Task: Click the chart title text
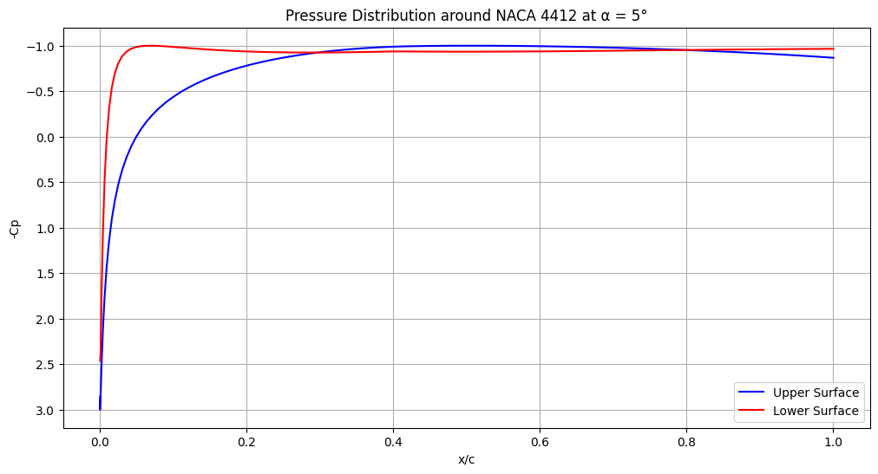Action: pos(466,16)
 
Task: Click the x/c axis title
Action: pos(466,459)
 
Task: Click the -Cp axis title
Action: pos(14,228)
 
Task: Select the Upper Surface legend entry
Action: pos(816,393)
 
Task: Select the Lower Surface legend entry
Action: pos(816,411)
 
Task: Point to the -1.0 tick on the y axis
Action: pos(43,46)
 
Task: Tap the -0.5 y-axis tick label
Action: pos(43,92)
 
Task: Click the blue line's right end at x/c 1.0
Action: pos(833,57)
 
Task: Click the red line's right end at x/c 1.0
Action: pos(833,49)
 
